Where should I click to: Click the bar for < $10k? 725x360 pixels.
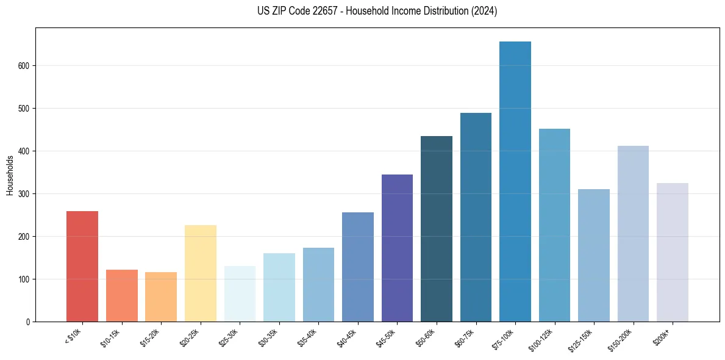coord(82,266)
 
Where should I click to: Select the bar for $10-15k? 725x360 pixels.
coord(121,295)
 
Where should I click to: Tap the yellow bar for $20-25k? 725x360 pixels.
coord(200,273)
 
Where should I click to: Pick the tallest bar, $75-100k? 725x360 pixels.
coord(515,181)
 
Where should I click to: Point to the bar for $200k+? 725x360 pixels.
coord(672,252)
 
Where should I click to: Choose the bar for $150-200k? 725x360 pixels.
coord(633,234)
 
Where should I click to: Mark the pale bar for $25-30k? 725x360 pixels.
coord(240,293)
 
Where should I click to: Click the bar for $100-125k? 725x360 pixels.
coord(554,225)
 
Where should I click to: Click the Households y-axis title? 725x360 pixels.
coord(10,175)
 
